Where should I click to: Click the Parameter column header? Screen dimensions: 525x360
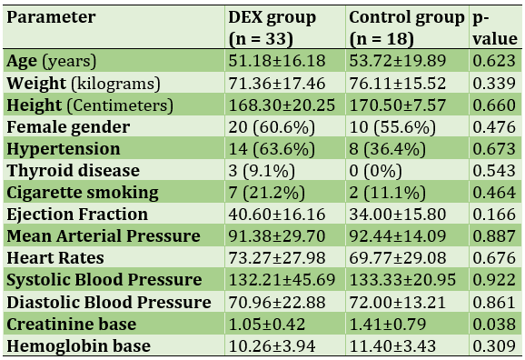[51, 17]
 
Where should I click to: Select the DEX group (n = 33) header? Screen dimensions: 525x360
[272, 28]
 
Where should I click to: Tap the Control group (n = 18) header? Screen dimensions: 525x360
[407, 28]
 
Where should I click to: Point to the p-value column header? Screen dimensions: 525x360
[495, 28]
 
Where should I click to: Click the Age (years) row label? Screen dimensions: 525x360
[51, 61]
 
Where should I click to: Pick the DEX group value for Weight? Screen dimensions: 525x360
[276, 83]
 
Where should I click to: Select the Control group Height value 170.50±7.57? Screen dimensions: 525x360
[398, 105]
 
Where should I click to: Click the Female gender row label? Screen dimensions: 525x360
[68, 127]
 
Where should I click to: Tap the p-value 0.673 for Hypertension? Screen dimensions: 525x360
[494, 149]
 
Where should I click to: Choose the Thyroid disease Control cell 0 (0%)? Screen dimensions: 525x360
[375, 171]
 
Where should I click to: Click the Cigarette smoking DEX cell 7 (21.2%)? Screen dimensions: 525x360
[266, 193]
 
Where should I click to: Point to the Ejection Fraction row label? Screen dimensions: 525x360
[77, 215]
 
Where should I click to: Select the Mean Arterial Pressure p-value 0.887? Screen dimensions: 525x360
[494, 236]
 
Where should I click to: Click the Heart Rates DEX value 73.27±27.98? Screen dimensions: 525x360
[276, 258]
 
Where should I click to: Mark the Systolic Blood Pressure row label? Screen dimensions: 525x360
[104, 280]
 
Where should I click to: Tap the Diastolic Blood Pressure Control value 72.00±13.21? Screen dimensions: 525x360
[398, 302]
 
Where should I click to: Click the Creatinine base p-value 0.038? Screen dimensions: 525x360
[494, 325]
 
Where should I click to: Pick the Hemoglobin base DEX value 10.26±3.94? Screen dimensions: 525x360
[272, 346]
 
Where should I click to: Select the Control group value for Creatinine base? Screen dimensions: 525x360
[387, 325]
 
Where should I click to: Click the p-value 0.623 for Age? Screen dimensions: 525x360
[494, 61]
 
